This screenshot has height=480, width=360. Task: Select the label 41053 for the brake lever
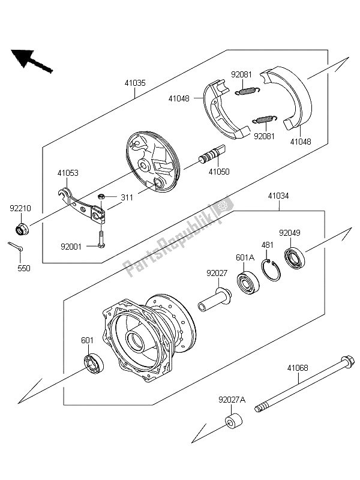pyautogui.click(x=68, y=173)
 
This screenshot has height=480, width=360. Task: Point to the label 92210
pyautogui.click(x=20, y=209)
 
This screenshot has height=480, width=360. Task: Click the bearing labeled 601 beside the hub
pyautogui.click(x=93, y=364)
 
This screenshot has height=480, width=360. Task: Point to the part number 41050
pyautogui.click(x=218, y=172)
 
